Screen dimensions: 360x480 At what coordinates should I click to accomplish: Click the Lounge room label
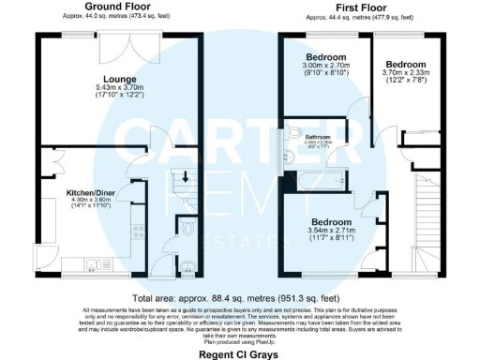coord(122,79)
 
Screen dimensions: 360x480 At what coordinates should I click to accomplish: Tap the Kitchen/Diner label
coord(91,192)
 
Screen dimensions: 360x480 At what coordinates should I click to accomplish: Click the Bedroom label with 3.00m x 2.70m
coord(324,57)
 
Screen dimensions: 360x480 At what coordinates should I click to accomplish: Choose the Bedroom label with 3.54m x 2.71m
coord(335,222)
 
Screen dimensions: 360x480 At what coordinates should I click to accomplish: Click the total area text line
coord(240,294)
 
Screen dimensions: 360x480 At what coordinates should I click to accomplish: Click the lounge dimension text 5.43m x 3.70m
coord(123,88)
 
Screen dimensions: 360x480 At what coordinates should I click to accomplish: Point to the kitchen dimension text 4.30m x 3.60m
coord(90,201)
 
